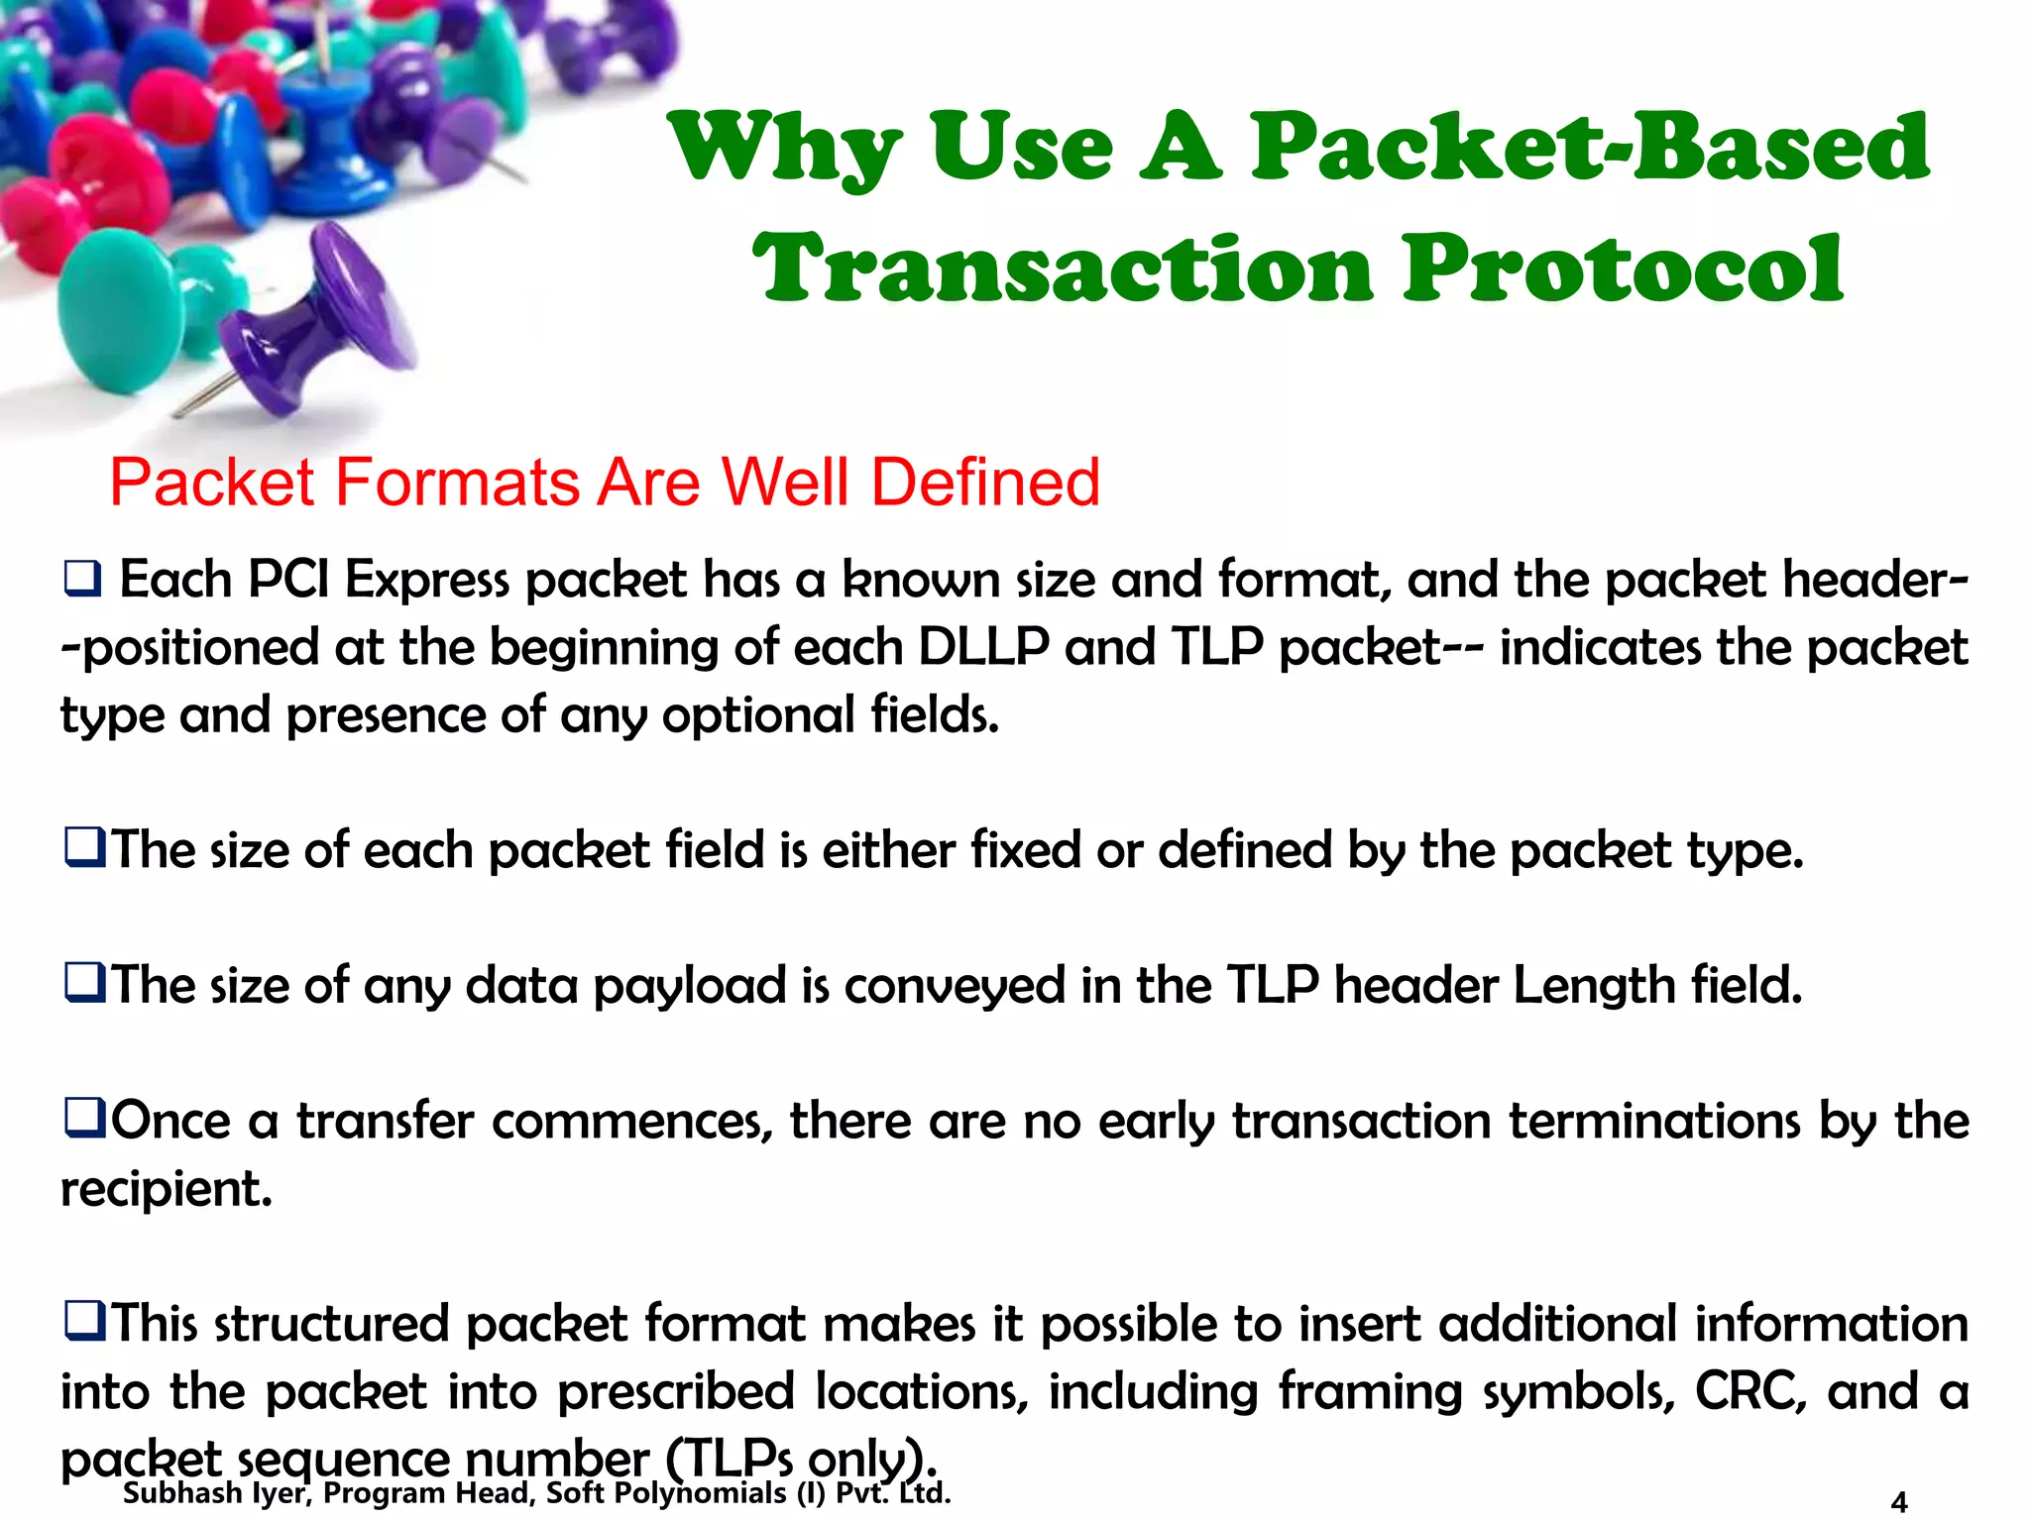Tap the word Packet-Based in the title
[x=1590, y=149]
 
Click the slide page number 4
[x=1898, y=1502]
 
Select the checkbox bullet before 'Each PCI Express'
[x=82, y=579]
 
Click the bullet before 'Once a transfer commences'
[x=84, y=1119]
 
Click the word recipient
[x=166, y=1188]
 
